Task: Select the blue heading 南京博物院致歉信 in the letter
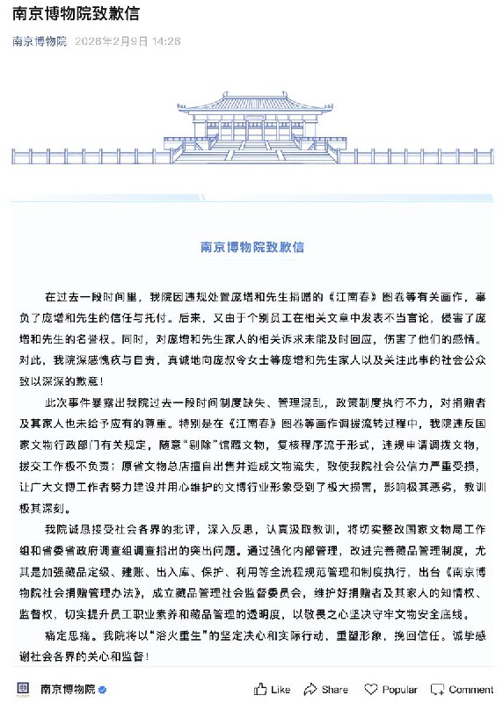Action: (251, 247)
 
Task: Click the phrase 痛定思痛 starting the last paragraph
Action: (69, 634)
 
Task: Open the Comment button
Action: (464, 689)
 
